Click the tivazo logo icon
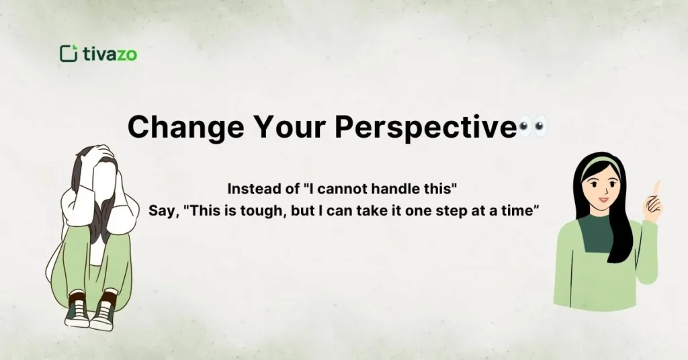point(68,53)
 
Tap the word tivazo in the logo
point(110,54)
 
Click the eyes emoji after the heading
point(533,126)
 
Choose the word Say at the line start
point(163,209)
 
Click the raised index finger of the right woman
point(656,187)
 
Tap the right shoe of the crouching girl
point(103,314)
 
